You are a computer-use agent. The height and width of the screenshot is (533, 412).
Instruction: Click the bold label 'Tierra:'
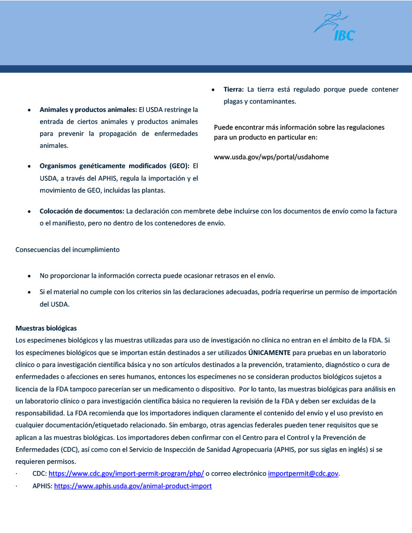[234, 90]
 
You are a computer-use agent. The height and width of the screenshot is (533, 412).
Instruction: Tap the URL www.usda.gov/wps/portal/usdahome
[271, 157]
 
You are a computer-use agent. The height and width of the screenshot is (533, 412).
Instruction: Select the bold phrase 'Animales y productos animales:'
[88, 110]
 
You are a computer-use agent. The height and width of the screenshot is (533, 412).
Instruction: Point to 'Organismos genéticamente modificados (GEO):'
[115, 167]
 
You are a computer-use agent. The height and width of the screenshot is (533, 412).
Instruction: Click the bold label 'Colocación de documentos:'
[82, 211]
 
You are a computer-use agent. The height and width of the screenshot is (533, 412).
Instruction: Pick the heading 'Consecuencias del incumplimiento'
[68, 249]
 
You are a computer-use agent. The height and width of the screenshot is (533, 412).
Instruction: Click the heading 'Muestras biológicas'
[46, 328]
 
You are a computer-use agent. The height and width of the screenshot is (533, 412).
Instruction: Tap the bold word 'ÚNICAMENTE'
[269, 352]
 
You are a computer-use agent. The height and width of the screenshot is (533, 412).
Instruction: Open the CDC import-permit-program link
[126, 473]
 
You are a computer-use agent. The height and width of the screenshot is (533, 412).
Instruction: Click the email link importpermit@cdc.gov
[303, 473]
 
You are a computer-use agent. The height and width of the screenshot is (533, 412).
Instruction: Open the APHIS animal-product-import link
[133, 486]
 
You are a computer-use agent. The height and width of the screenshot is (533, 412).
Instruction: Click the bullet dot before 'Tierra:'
[214, 90]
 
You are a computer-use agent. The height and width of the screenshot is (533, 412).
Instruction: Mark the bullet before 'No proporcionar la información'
[30, 275]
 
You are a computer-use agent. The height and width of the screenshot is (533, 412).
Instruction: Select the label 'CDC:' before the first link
[40, 473]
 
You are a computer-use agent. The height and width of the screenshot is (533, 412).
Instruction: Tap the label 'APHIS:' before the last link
[42, 486]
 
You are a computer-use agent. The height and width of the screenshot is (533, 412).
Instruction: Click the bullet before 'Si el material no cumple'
[30, 292]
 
